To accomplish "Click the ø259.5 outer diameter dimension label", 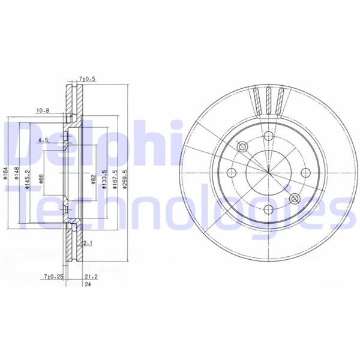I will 125,179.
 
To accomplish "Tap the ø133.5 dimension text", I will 104,179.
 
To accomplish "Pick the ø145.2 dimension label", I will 28,179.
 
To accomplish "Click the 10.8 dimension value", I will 42,110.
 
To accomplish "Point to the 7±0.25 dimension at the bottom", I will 53,277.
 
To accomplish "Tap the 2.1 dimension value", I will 88,243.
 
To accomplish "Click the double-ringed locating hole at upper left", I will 242,148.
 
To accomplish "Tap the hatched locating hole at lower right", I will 294,199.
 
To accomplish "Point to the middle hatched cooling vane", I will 268,100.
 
